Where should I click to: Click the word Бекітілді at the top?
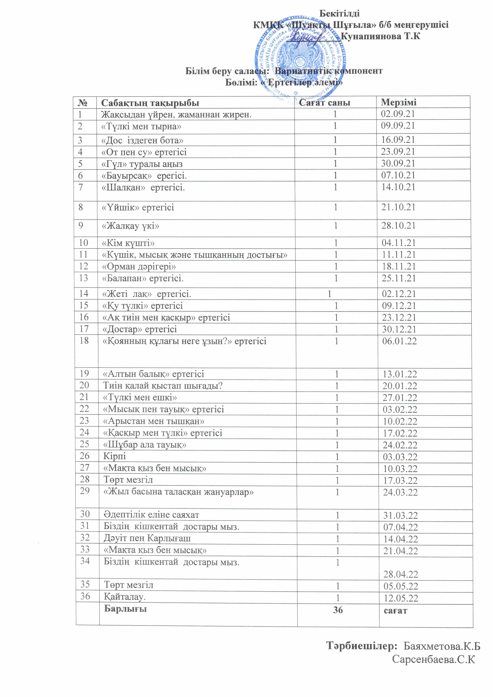(x=340, y=13)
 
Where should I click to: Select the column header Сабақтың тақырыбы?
(x=150, y=103)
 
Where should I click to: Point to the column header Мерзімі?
(x=399, y=102)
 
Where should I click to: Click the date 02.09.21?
(x=398, y=114)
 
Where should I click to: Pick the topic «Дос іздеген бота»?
(x=142, y=140)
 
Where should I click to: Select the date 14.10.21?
(x=398, y=187)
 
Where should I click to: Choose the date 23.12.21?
(x=399, y=318)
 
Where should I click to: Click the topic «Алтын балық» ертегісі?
(x=153, y=374)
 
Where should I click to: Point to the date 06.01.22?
(x=399, y=341)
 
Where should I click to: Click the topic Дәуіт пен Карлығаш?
(x=147, y=538)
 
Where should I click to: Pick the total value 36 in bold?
(x=338, y=610)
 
